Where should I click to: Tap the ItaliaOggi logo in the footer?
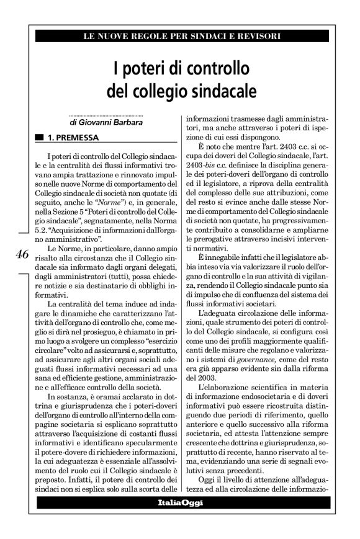click(180, 501)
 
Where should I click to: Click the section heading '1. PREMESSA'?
click(73, 136)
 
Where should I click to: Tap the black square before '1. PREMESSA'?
click(40, 136)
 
